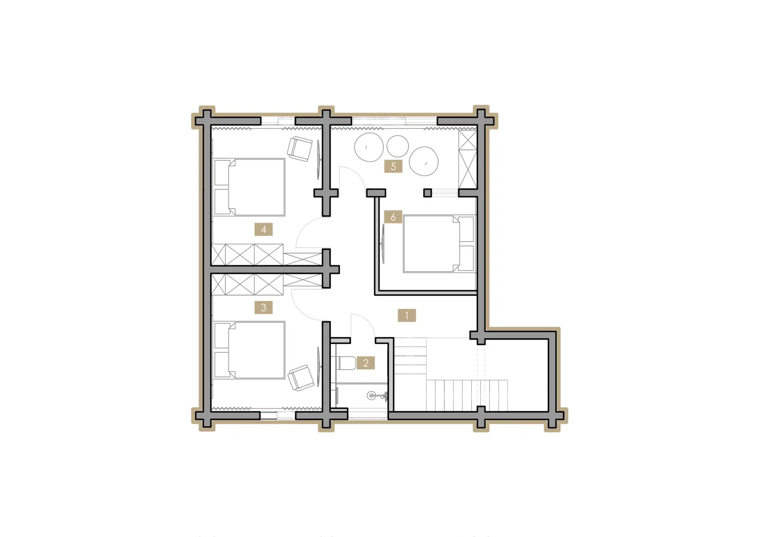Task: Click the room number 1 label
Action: [406, 315]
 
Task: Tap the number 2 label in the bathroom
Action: [366, 363]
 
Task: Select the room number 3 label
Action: [264, 308]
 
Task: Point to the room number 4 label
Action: [264, 230]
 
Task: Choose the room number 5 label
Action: [393, 166]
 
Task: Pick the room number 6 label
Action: [393, 217]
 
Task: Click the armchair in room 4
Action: [299, 149]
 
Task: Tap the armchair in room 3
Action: [301, 378]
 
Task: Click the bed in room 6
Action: [439, 243]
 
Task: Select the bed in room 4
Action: [249, 187]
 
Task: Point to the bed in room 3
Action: [249, 350]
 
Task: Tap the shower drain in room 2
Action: [371, 395]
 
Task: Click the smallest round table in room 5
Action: [398, 146]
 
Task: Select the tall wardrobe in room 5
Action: [468, 159]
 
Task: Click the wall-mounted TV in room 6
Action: [384, 243]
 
